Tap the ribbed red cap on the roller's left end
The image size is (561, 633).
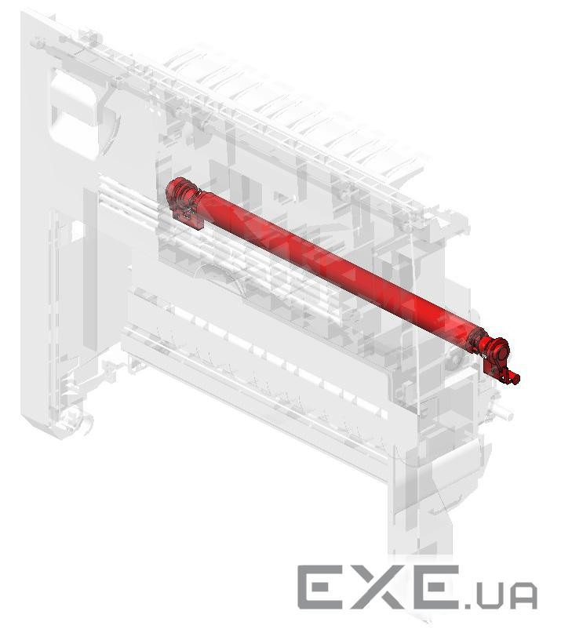click(x=180, y=192)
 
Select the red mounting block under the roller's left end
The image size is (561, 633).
click(x=187, y=218)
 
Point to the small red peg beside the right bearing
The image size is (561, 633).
click(x=514, y=378)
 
